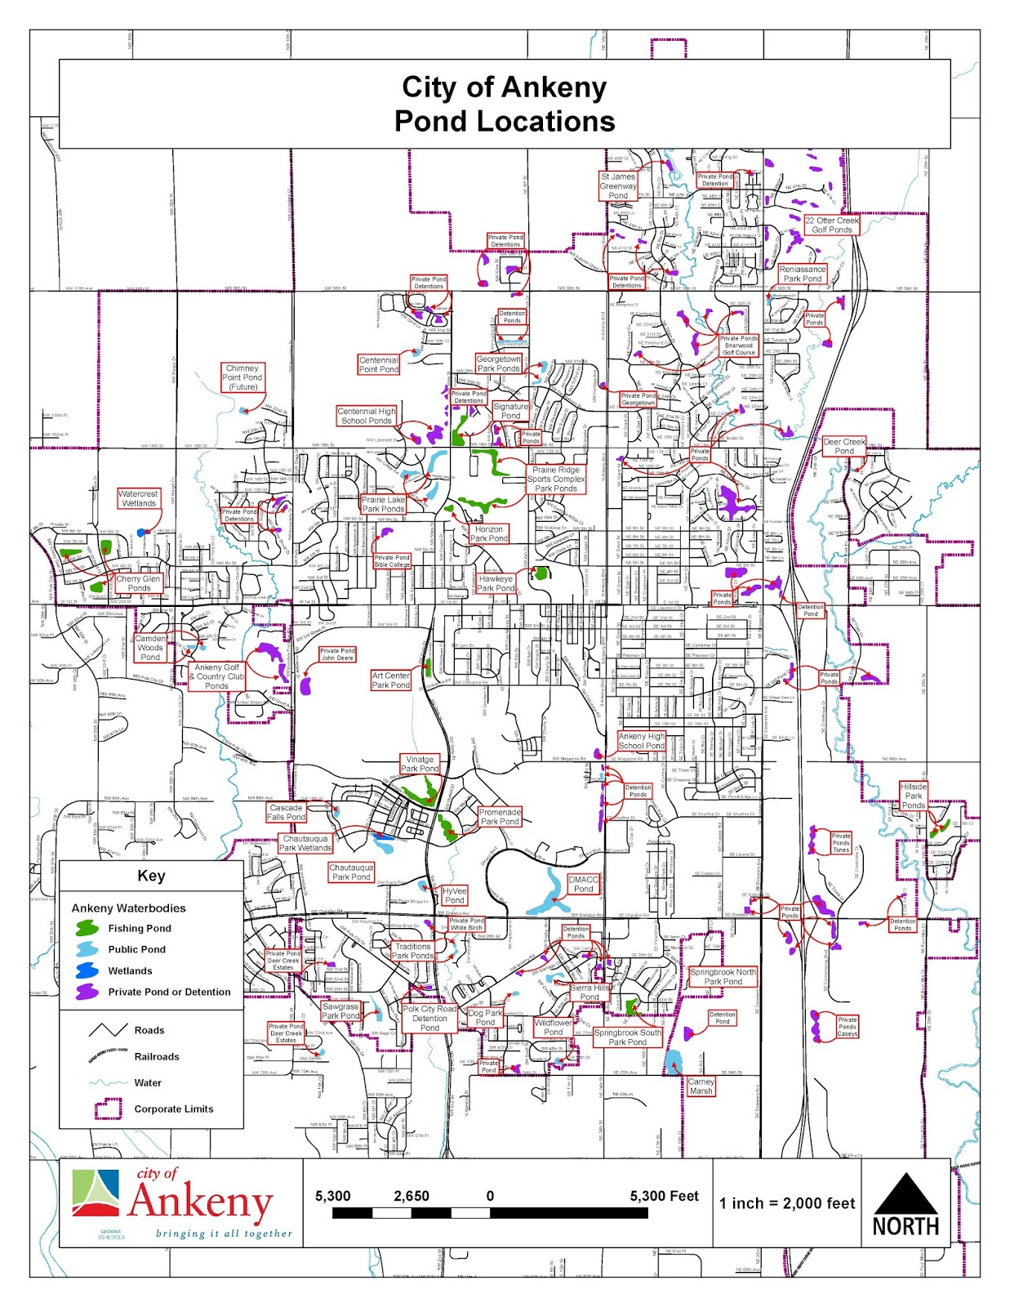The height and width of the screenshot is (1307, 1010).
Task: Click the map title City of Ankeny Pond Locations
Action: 505,104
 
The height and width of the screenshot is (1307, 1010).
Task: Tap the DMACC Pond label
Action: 583,884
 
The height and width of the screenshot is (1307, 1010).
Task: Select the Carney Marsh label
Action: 701,1086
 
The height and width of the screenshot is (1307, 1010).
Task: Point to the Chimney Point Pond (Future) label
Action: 242,377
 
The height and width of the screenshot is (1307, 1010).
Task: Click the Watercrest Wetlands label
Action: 138,498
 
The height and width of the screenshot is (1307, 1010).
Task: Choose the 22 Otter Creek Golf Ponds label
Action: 831,225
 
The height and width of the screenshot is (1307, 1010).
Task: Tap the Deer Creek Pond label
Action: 843,446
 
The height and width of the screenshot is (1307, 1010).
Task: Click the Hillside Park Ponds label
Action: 913,796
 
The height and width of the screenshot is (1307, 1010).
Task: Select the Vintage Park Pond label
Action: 420,764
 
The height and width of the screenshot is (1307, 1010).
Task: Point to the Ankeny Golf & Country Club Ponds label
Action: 216,676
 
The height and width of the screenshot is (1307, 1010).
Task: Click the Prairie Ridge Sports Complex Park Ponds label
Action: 556,479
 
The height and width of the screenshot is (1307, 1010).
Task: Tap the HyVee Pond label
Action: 454,895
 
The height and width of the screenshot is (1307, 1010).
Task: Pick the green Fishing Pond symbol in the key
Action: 87,928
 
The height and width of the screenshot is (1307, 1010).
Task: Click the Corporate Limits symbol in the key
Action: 108,1108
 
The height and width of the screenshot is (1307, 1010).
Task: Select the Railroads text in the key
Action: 157,1056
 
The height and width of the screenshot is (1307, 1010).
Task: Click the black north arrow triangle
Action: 905,1193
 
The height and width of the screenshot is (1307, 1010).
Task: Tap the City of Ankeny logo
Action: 180,1203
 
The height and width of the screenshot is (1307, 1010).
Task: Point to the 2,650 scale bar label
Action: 412,1196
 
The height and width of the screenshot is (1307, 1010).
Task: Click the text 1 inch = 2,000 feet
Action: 787,1203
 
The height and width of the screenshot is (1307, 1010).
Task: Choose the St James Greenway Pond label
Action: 618,186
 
